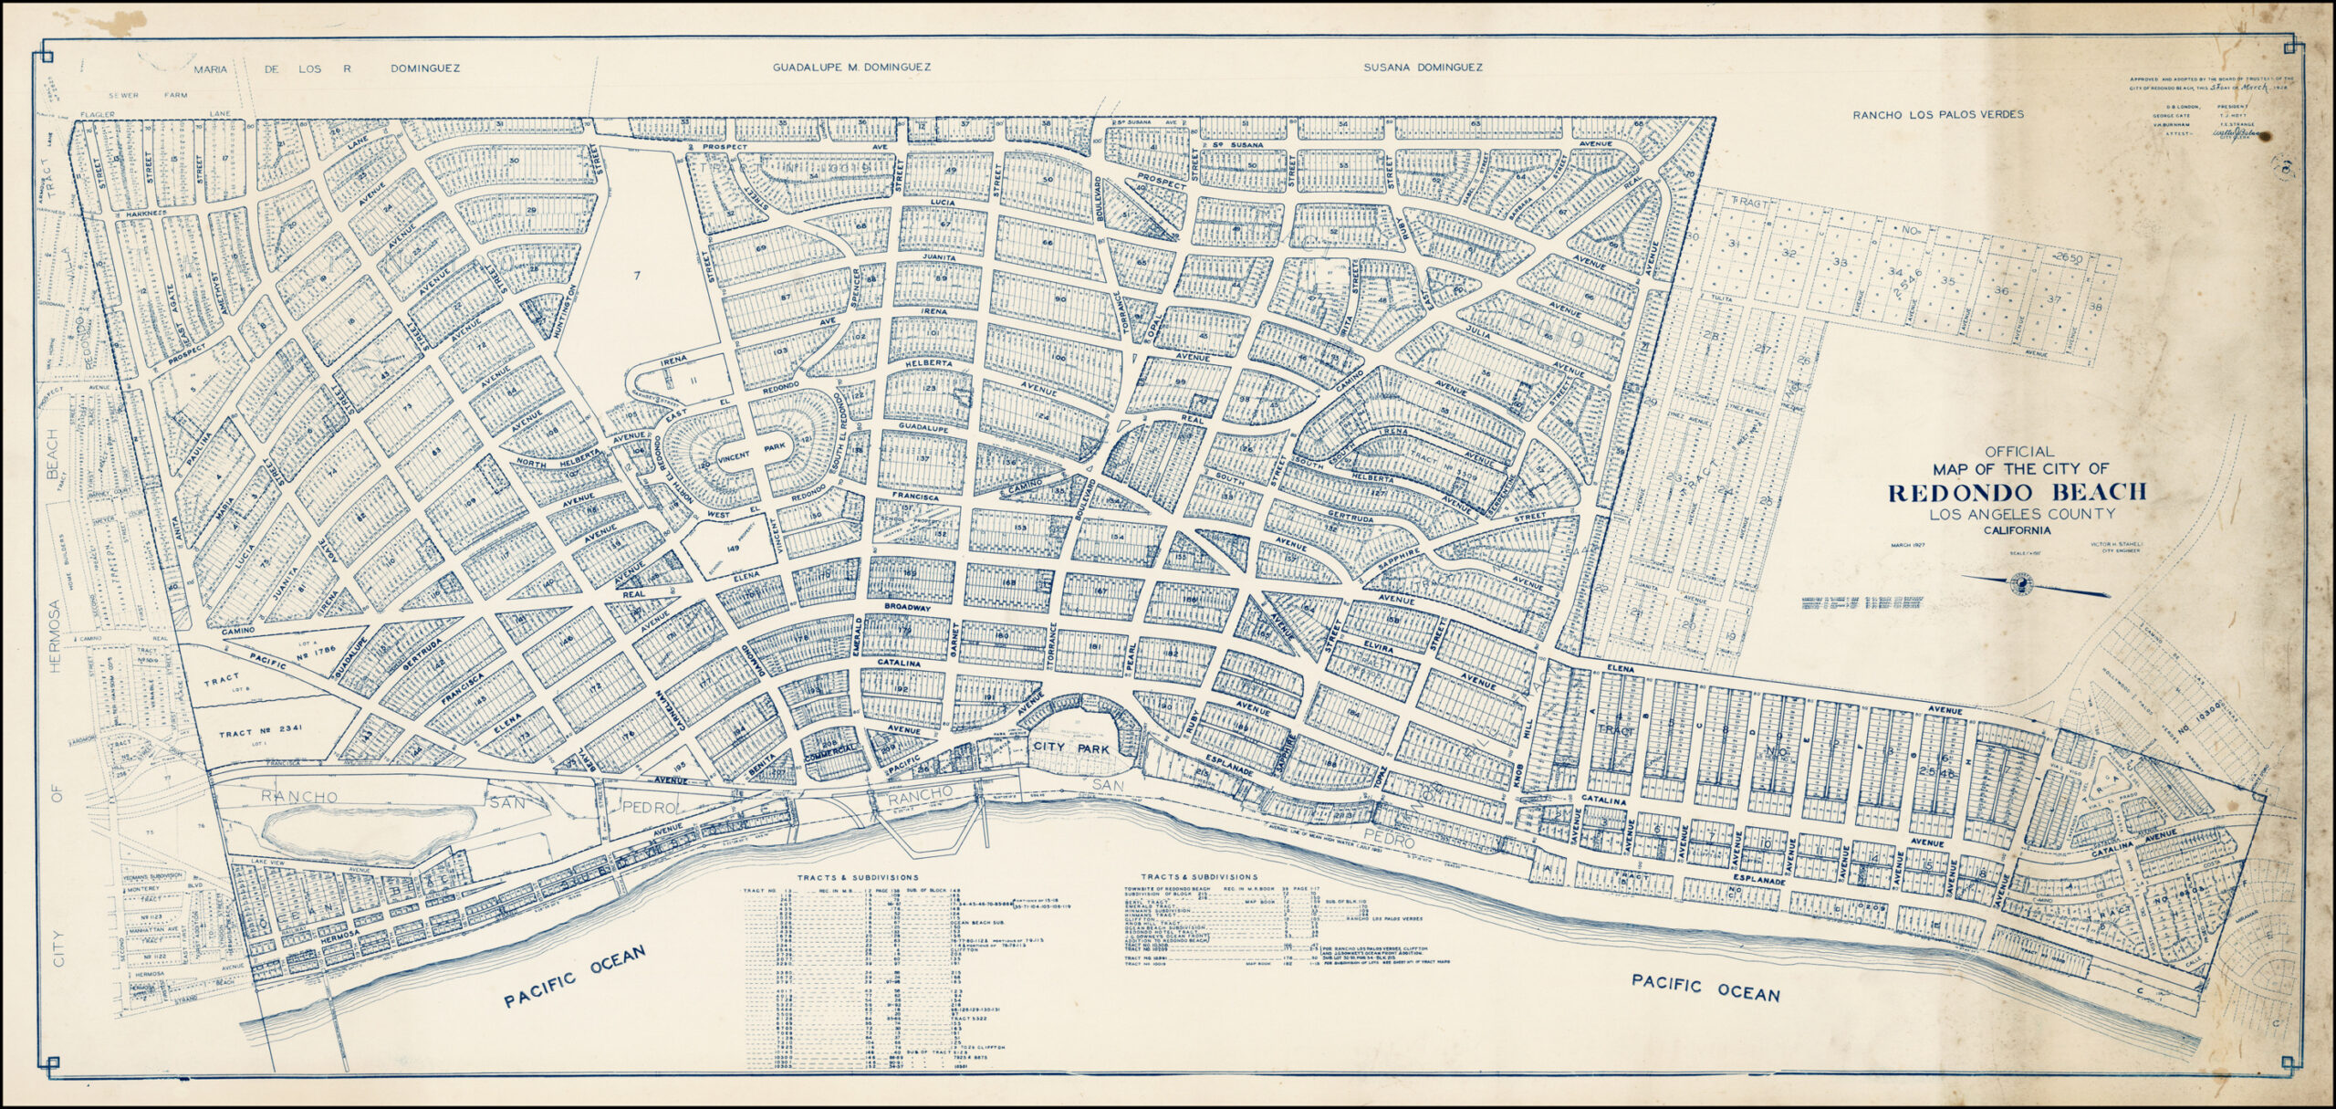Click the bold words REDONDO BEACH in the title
(2017, 493)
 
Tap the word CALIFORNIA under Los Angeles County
(2017, 530)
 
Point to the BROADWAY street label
(905, 606)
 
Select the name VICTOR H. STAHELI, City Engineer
(2108, 546)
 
